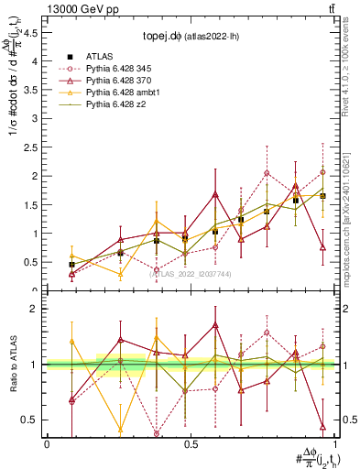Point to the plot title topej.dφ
[163, 38]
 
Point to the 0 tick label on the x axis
[46, 444]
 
